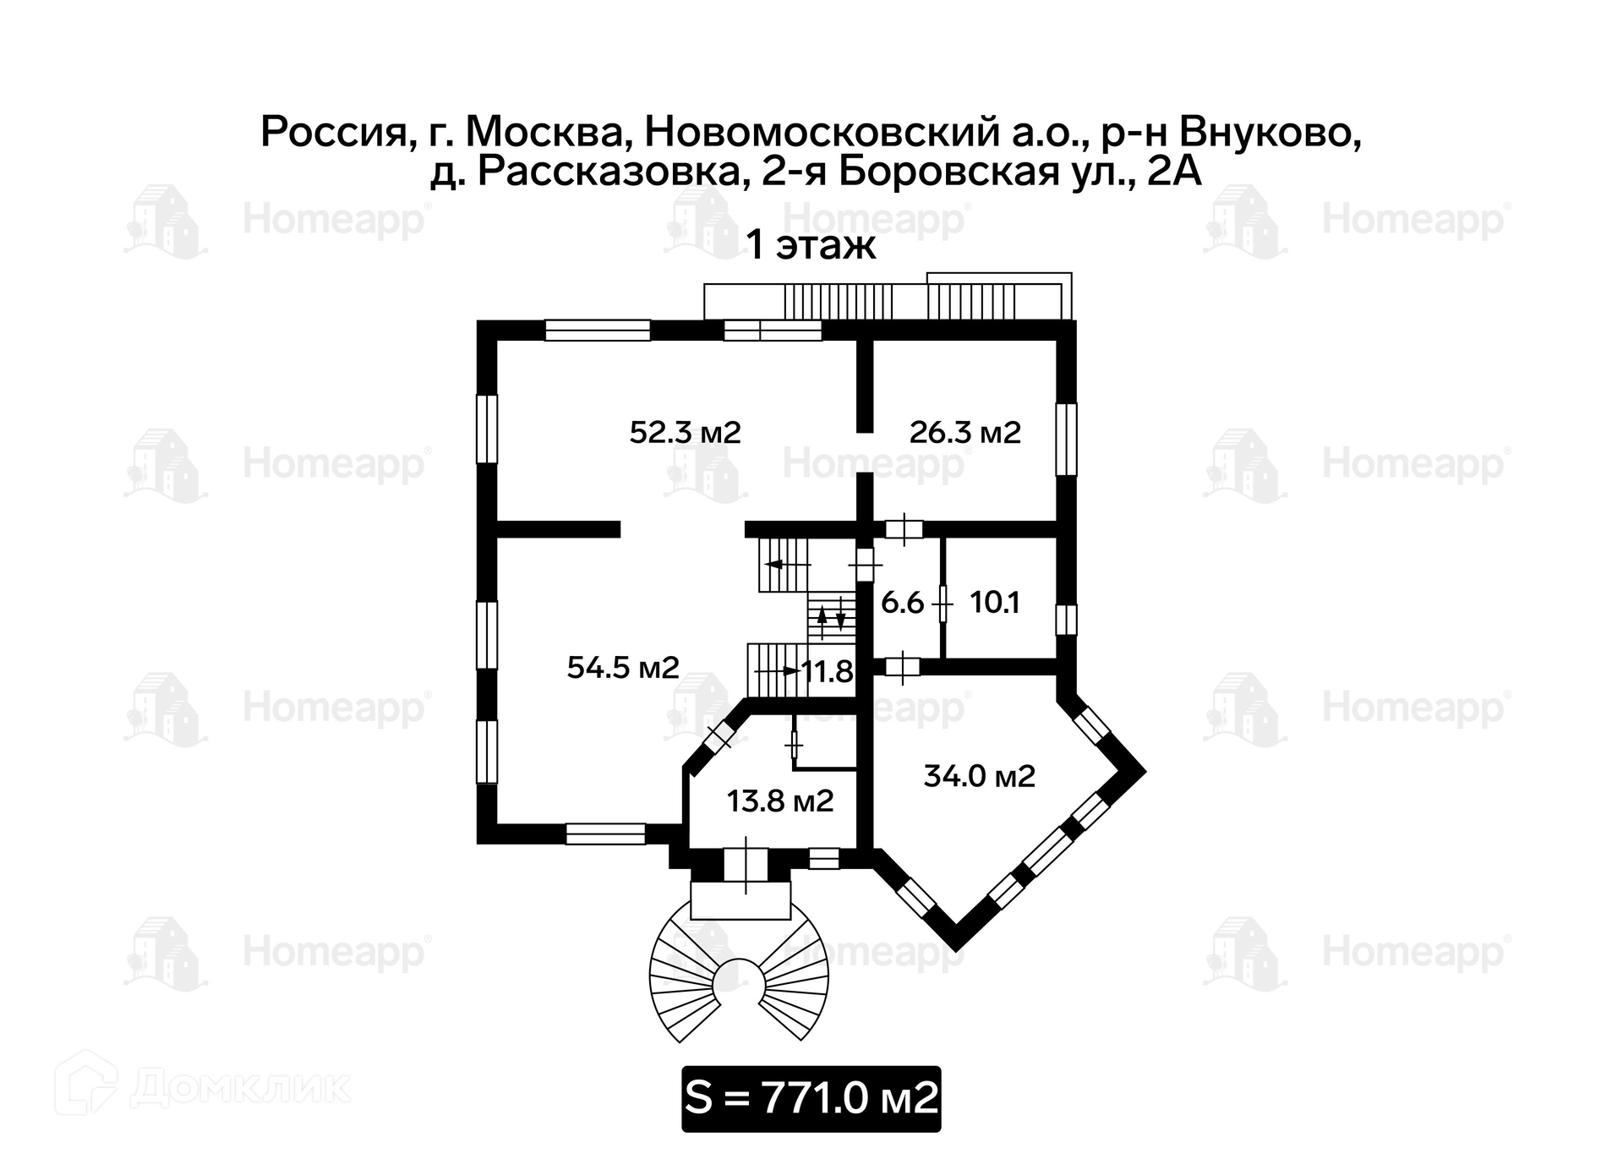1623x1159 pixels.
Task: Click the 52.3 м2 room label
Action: [685, 433]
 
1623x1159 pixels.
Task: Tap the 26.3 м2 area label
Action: [965, 433]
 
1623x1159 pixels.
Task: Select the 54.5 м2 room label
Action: [622, 668]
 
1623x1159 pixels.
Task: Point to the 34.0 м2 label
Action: [979, 776]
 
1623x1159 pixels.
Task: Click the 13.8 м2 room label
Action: [779, 801]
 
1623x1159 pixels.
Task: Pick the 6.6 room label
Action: [902, 604]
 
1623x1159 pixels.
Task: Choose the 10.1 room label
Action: [994, 604]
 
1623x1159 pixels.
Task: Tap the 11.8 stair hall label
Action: [827, 672]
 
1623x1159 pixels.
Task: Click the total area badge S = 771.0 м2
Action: [811, 1098]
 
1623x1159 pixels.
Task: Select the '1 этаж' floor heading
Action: [810, 246]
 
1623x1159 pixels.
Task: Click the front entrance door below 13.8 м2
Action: [746, 865]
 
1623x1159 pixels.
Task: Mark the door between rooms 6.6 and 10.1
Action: [943, 604]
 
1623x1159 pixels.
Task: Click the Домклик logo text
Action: [241, 1089]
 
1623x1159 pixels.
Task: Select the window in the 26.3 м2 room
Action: [1067, 440]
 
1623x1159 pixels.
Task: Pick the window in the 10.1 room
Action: [1067, 620]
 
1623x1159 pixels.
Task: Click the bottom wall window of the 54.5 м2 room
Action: [605, 834]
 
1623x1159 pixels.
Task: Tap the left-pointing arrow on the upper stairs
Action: [774, 564]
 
